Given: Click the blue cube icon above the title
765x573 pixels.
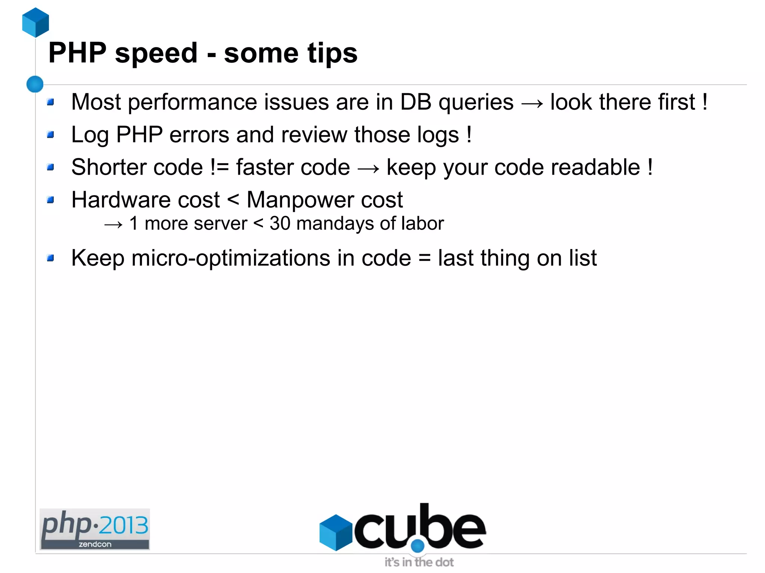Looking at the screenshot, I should (x=35, y=22).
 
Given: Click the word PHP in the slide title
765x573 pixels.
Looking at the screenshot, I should (x=77, y=53).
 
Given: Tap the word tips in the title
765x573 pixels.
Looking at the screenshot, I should (x=332, y=53).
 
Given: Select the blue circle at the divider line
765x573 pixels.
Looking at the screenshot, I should (x=35, y=84).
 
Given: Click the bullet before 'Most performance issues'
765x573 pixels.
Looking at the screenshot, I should (x=51, y=102).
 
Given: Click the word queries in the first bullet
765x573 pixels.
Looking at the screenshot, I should (x=476, y=103).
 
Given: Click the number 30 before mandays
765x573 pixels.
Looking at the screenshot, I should (x=280, y=224).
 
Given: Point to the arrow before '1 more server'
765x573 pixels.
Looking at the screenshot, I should (x=113, y=224).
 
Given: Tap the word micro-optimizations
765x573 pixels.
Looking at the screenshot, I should (x=230, y=258).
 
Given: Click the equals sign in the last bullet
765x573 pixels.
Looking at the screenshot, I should (x=424, y=258).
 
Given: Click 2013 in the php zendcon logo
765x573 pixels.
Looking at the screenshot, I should (x=124, y=525).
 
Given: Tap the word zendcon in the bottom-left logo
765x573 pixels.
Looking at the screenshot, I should (x=95, y=544).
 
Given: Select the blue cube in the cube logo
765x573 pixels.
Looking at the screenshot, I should (x=335, y=532).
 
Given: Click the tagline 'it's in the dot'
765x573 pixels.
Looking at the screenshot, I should (x=419, y=562).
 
